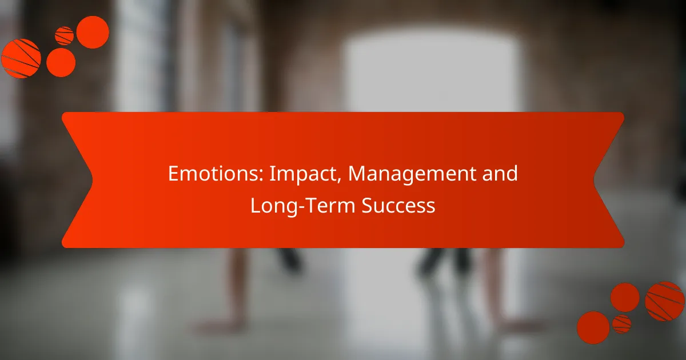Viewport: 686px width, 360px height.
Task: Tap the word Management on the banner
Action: click(412, 175)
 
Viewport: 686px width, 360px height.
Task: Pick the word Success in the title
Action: click(398, 205)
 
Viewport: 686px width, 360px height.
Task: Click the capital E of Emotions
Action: click(173, 174)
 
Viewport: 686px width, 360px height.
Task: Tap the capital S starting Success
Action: click(367, 205)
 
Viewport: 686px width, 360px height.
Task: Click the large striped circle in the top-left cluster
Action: click(21, 58)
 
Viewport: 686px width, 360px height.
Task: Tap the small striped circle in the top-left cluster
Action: click(64, 36)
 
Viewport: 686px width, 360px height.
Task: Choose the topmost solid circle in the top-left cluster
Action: click(93, 32)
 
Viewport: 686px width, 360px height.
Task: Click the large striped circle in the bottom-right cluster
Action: click(664, 301)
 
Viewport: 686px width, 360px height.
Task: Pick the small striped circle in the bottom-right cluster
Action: click(621, 324)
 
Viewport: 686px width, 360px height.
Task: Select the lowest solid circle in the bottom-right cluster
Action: click(593, 327)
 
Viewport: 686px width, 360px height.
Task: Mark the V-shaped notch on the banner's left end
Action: click(92, 180)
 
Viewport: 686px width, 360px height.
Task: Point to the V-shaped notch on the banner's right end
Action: click(594, 180)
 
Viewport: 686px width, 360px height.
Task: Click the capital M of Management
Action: click(356, 174)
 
